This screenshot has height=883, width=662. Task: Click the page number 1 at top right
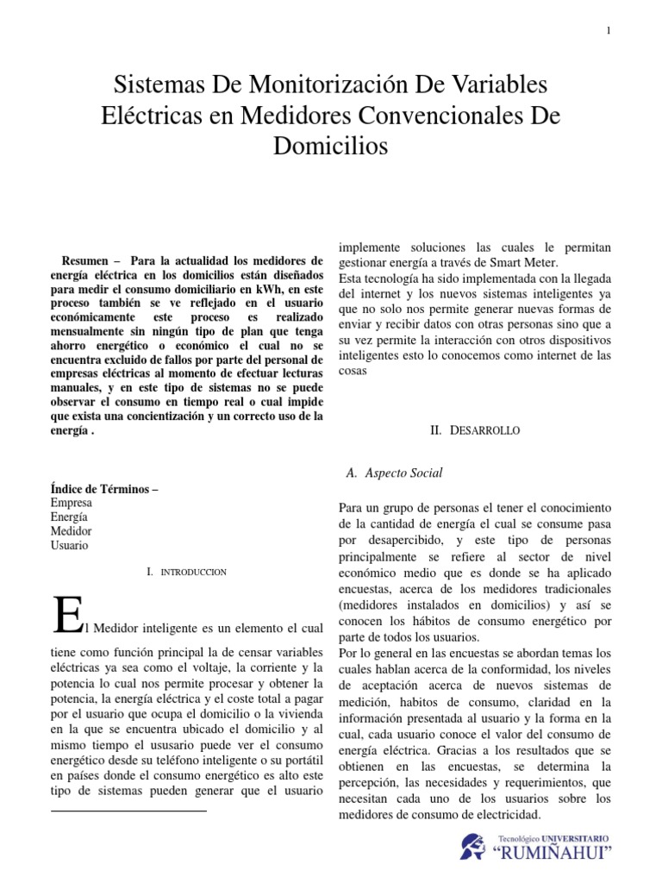tap(609, 31)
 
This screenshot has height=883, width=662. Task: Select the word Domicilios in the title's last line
tap(331, 147)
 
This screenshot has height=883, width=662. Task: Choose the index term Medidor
tap(72, 531)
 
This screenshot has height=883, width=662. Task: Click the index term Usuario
tap(70, 545)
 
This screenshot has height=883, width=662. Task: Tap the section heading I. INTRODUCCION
tap(187, 572)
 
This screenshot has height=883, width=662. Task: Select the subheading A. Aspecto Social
tap(394, 473)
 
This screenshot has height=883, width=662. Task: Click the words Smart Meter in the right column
tap(526, 261)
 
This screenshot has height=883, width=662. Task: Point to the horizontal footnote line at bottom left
tap(129, 811)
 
